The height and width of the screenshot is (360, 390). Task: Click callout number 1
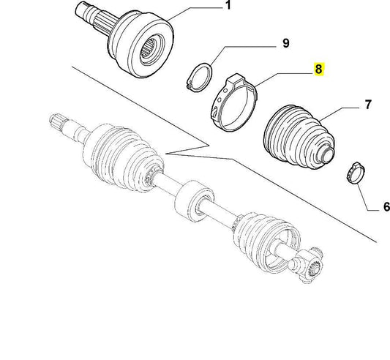[228, 7]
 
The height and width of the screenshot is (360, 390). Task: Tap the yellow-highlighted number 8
[317, 71]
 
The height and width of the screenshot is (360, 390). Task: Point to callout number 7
[370, 108]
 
